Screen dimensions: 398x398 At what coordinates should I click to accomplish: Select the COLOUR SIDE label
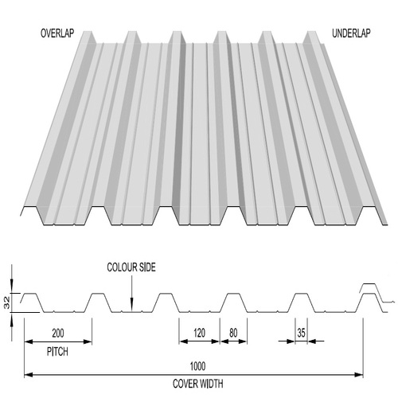(131, 268)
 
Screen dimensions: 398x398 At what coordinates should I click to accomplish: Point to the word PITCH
(57, 350)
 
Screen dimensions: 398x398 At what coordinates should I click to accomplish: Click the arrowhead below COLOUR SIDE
(131, 304)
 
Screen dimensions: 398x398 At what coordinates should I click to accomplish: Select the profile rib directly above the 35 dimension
(302, 301)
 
